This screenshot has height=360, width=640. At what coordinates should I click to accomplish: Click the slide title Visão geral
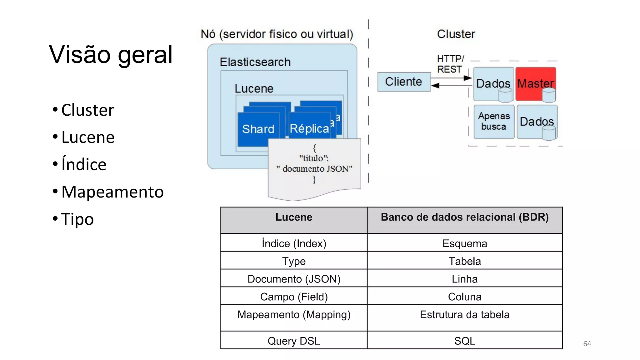111,55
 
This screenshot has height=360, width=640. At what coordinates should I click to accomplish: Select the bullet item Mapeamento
112,192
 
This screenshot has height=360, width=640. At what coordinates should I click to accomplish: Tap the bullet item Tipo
77,219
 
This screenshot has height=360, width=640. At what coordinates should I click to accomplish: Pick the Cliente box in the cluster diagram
403,82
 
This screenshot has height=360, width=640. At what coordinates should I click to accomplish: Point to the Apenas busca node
494,121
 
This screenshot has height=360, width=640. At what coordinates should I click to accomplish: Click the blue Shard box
258,129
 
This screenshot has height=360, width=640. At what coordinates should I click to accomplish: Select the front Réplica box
309,128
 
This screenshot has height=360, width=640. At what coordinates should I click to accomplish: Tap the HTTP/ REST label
450,64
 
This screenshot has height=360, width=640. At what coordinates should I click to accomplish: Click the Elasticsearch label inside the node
255,62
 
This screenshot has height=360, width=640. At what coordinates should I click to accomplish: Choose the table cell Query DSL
294,341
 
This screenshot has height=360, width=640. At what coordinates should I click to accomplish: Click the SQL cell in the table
465,341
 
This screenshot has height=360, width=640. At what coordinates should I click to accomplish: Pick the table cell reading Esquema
465,243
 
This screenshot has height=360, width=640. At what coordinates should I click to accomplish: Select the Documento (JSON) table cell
294,279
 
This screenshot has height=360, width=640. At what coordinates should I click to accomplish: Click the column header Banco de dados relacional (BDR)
465,217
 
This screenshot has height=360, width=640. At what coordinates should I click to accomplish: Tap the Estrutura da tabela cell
465,314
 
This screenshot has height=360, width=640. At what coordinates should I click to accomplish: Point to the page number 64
587,344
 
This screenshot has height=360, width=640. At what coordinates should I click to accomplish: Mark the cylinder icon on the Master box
549,95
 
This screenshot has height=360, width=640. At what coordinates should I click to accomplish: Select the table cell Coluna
465,297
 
